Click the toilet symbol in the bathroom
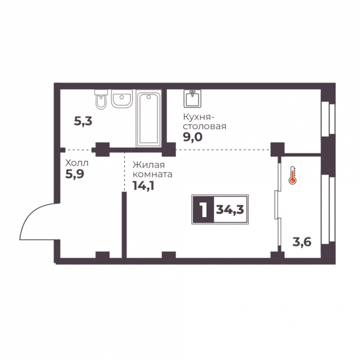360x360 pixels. (x=101, y=99)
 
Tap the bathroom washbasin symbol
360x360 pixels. (x=122, y=99)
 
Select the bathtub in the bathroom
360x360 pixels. (x=149, y=118)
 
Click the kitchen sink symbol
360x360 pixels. (x=192, y=99)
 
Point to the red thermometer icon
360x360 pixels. (x=292, y=175)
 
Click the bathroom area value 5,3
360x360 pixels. (x=83, y=121)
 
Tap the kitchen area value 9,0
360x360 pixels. (x=192, y=137)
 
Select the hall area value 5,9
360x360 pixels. (x=75, y=174)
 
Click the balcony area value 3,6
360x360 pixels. (x=302, y=242)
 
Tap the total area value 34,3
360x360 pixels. (x=230, y=209)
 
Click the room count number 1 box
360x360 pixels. (x=204, y=209)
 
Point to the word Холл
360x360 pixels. (x=77, y=163)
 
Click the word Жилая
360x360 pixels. (x=149, y=165)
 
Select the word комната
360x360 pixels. (x=153, y=174)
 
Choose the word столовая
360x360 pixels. (x=205, y=126)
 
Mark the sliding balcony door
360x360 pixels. (x=278, y=204)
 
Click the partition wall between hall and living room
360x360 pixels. (x=124, y=225)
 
